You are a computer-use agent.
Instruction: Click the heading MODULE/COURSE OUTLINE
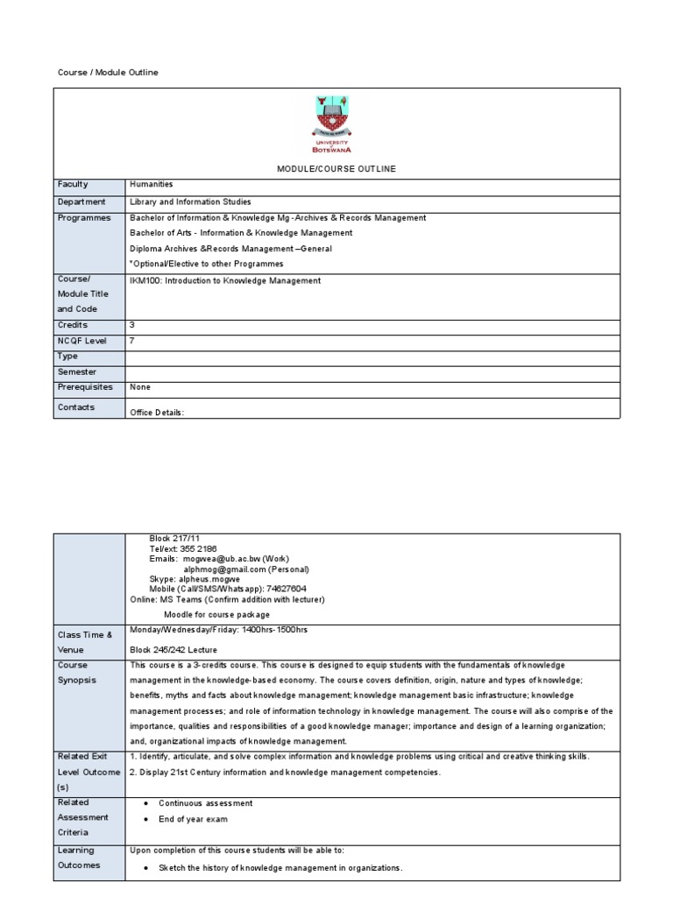coord(336,168)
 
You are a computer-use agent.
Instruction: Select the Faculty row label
coord(73,185)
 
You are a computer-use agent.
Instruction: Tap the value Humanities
coord(152,185)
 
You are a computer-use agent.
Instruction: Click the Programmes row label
coord(84,217)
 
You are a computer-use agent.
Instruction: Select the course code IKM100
coord(145,281)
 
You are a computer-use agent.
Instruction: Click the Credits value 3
coord(132,325)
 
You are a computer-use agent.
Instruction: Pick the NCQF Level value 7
coord(132,341)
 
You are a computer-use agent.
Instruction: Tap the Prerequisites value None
coord(139,386)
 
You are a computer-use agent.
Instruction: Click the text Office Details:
coord(157,413)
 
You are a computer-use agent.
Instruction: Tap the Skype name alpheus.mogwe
coord(209,579)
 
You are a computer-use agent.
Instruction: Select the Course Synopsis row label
coord(77,673)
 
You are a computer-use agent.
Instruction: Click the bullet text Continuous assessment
coord(206,803)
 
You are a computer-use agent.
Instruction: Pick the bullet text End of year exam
coord(193,820)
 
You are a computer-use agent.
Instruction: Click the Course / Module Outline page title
coord(108,73)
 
